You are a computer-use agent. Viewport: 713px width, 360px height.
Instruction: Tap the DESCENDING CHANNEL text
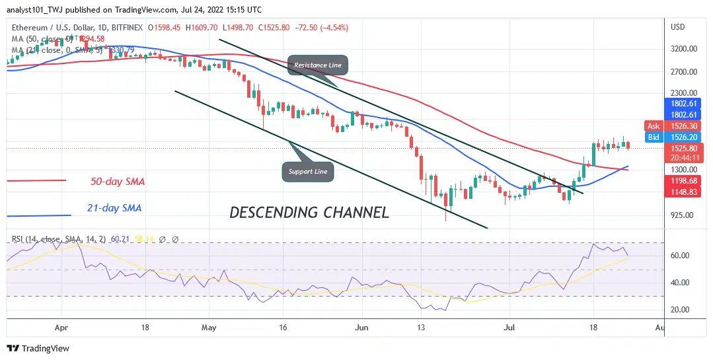[x=309, y=213]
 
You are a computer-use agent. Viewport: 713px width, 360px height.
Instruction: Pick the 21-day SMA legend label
[x=114, y=208]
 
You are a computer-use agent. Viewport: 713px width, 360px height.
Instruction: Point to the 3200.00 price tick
[x=684, y=49]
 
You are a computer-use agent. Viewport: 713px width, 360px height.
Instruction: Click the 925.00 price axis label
[x=683, y=215]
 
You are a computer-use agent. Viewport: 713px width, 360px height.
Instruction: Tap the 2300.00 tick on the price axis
[x=684, y=93]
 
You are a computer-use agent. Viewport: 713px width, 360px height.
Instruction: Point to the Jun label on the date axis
[x=360, y=327]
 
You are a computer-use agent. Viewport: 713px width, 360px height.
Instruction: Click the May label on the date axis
[x=209, y=327]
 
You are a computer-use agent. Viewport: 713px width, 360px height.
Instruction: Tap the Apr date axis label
[x=61, y=327]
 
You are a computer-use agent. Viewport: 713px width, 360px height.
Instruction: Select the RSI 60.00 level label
[x=680, y=256]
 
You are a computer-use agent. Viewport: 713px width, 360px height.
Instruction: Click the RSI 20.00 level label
[x=680, y=310]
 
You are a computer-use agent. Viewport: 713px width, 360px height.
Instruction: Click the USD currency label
[x=677, y=27]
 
